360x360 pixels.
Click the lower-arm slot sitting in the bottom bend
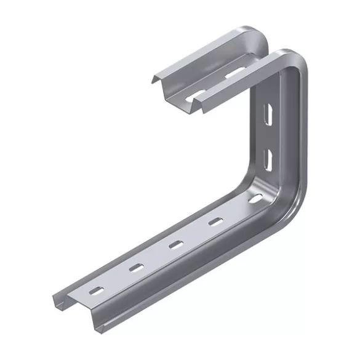tap(254, 198)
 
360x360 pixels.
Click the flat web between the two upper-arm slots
tap(215, 85)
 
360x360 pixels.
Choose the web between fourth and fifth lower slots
tap(234, 210)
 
